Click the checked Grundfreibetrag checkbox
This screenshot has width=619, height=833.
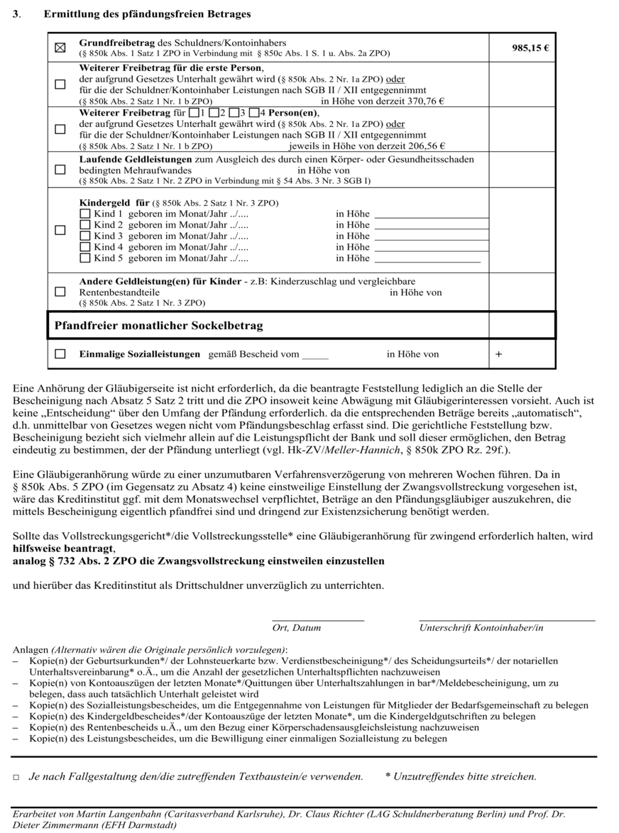click(x=60, y=48)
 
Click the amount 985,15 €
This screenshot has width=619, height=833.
click(x=530, y=48)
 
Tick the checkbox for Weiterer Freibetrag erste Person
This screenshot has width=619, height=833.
click(x=60, y=84)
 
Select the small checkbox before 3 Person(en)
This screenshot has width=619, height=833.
click(x=233, y=113)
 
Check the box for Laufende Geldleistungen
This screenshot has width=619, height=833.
click(x=60, y=170)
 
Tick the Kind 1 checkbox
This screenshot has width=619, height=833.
click(x=85, y=214)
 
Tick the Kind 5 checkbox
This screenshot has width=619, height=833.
click(x=85, y=258)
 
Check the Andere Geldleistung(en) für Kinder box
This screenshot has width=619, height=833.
click(x=60, y=292)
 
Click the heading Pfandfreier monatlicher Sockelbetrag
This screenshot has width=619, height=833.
click(x=159, y=326)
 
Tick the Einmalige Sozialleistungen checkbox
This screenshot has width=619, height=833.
click(x=60, y=353)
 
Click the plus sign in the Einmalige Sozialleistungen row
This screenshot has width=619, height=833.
click(x=498, y=354)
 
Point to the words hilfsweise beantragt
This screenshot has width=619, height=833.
click(x=64, y=548)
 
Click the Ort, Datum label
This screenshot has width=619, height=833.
click(x=296, y=627)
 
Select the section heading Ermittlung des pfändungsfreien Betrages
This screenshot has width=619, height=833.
click(x=147, y=13)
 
